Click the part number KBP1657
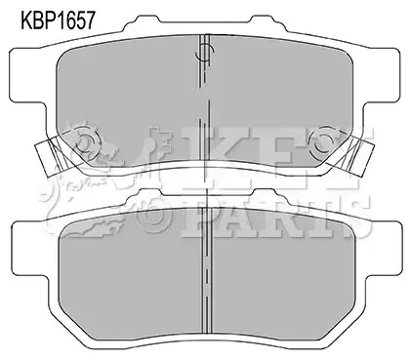point(58,20)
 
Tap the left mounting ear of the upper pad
point(27,75)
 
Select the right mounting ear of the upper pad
point(381,75)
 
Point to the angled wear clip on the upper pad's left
point(49,157)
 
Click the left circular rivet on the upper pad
point(87,142)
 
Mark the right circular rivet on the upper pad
point(323,142)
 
